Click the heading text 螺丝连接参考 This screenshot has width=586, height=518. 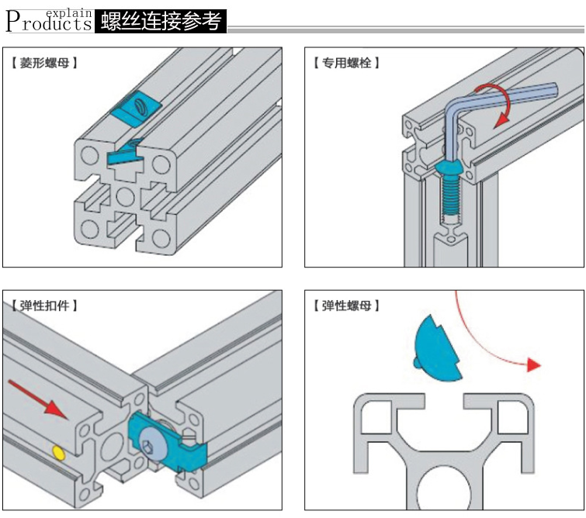click(161, 21)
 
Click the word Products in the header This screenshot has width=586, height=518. click(48, 24)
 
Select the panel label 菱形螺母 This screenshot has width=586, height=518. click(44, 63)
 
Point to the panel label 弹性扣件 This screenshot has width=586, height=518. click(44, 306)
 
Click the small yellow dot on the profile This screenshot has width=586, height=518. click(57, 451)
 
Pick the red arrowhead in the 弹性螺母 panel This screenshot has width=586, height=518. click(532, 364)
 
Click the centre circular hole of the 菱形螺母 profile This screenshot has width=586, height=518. click(124, 192)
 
